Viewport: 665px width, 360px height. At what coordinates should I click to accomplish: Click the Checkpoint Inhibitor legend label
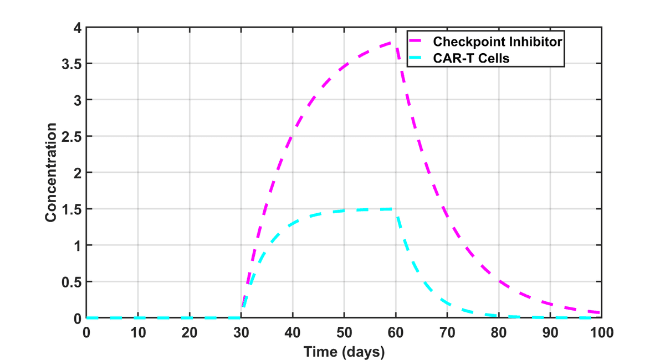[498, 42]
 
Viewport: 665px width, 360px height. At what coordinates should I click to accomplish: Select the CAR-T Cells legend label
[471, 57]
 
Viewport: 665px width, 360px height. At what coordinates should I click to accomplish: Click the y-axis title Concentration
[51, 173]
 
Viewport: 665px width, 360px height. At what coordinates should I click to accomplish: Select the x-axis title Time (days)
[344, 351]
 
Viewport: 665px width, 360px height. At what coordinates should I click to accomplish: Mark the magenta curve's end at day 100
[600, 313]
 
